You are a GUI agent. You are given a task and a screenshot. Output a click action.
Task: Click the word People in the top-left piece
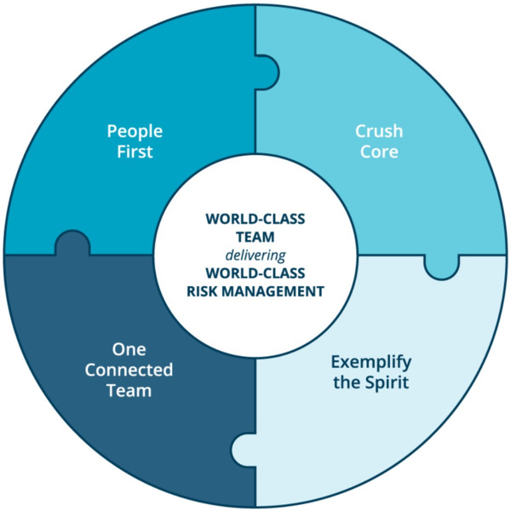pos(135,132)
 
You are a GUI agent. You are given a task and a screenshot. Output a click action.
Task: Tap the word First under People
pos(135,153)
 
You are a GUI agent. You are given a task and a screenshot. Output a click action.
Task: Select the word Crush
pos(378,132)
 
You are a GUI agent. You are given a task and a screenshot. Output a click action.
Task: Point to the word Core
pos(378,153)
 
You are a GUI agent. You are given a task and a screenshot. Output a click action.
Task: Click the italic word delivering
pos(255,255)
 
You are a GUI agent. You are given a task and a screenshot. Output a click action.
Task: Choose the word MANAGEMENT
pos(274,291)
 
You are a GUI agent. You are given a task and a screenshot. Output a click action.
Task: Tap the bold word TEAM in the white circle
pos(255,236)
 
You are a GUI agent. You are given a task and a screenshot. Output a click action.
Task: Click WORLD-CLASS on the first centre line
pos(255,218)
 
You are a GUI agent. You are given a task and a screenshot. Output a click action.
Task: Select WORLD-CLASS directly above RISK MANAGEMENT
pos(255,273)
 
